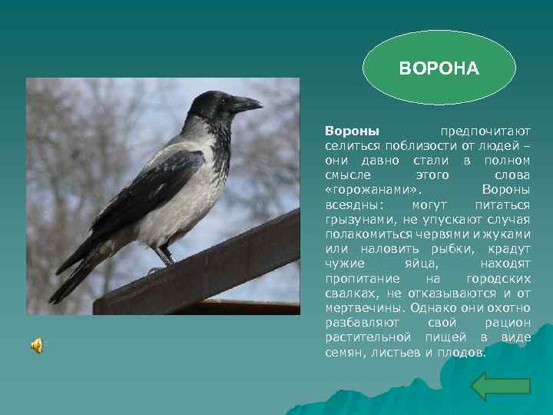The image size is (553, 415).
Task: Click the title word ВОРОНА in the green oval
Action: coord(439,69)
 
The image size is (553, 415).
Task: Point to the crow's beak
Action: coord(248,104)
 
